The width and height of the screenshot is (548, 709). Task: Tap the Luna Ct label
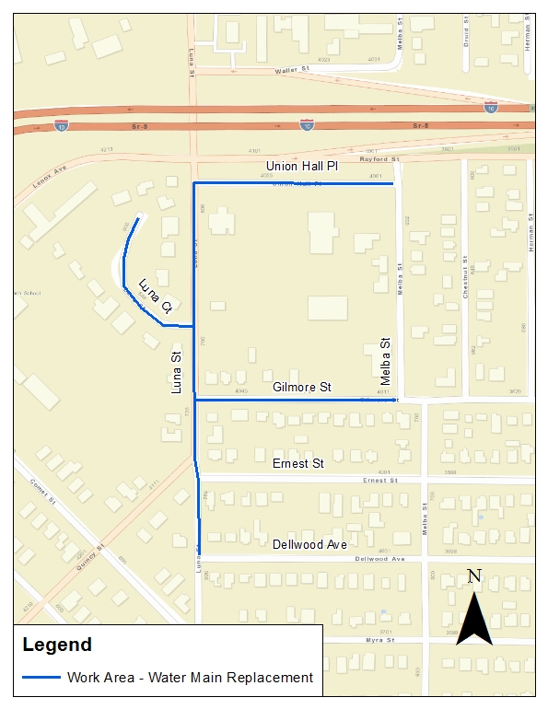click(x=156, y=293)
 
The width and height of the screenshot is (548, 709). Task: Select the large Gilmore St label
click(x=301, y=388)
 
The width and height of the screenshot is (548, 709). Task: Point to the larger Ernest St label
click(x=298, y=463)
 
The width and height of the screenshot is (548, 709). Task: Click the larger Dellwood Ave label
click(x=309, y=544)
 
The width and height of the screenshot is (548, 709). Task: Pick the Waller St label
click(x=288, y=71)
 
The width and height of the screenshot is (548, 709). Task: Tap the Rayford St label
click(x=381, y=159)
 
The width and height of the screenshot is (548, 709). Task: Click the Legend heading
click(x=57, y=645)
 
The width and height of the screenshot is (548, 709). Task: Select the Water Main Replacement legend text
click(x=190, y=678)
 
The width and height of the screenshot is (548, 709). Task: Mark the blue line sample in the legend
click(x=41, y=678)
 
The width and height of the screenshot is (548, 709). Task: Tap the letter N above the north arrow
click(x=474, y=577)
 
